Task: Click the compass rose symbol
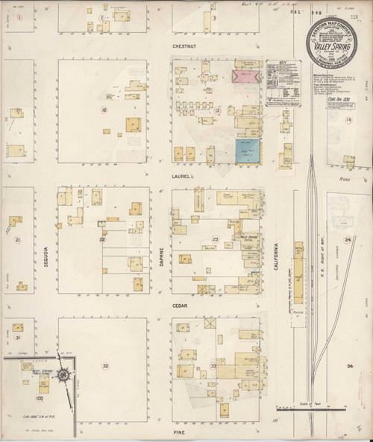[x=66, y=376]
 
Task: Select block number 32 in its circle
[x=105, y=366]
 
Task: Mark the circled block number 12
[x=104, y=110]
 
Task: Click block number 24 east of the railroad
[x=347, y=239]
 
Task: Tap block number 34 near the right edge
[x=348, y=367]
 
